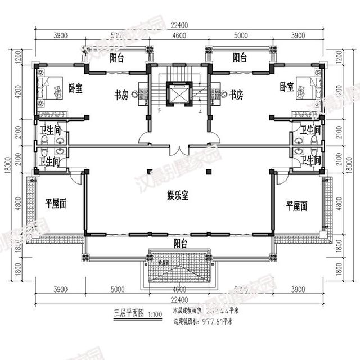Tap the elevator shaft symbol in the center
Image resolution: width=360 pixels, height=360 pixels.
pyautogui.click(x=180, y=94)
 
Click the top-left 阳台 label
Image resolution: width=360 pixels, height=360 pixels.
pyautogui.click(x=118, y=58)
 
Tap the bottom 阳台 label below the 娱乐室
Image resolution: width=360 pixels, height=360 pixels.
pyautogui.click(x=181, y=242)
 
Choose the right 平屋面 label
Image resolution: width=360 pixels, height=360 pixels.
pyautogui.click(x=296, y=205)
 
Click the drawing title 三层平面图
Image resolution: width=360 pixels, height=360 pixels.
pyautogui.click(x=129, y=310)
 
